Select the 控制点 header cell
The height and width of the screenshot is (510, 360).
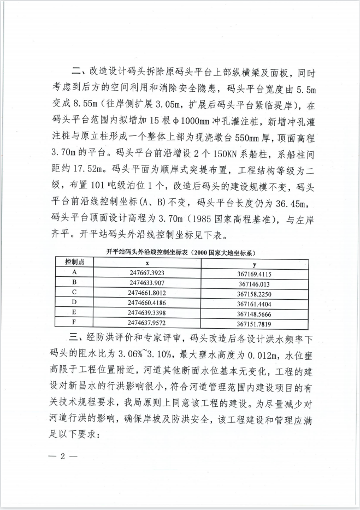(74, 262)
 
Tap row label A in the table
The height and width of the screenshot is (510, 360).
(74, 272)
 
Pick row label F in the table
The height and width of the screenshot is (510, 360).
(74, 322)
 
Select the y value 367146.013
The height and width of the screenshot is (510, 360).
(254, 283)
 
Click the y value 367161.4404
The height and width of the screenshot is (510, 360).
(254, 303)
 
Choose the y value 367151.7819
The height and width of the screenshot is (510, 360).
(254, 323)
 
